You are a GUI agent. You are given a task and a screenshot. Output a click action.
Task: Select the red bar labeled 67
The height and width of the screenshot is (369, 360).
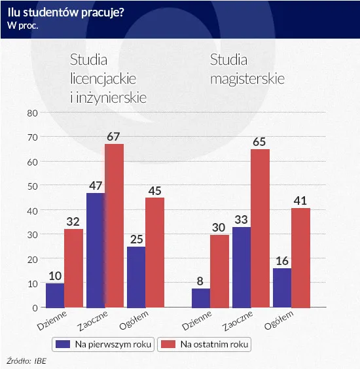[x=115, y=226]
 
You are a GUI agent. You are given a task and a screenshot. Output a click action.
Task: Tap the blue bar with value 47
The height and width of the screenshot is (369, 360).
[x=96, y=250]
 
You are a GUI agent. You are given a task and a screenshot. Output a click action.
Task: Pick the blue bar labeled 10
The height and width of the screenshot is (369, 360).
[x=56, y=295]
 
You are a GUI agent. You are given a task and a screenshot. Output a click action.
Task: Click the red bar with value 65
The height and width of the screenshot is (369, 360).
[x=260, y=228]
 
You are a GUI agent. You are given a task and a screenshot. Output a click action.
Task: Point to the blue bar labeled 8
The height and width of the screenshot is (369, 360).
[x=202, y=298]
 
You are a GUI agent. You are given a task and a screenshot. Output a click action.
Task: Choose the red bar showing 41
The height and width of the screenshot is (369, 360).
[x=300, y=258]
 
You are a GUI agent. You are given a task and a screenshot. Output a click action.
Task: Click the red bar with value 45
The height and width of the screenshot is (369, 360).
[x=155, y=253]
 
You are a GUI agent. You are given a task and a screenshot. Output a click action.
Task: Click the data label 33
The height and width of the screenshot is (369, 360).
[x=242, y=219]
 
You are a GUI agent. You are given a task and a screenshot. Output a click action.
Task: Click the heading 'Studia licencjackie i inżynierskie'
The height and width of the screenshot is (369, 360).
[x=107, y=79]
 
